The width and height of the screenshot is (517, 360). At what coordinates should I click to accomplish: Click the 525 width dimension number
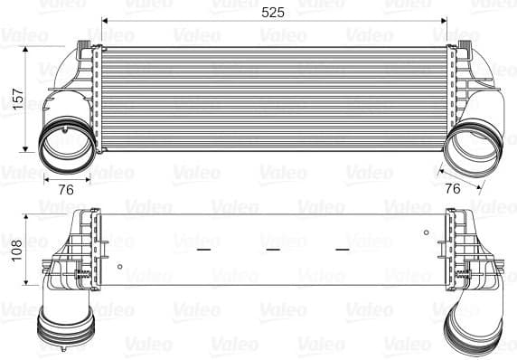click(270, 12)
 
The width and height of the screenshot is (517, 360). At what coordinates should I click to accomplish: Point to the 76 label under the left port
click(66, 189)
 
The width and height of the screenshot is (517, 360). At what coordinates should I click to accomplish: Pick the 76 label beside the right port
click(453, 188)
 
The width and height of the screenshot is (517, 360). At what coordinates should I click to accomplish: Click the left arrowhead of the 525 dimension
click(105, 20)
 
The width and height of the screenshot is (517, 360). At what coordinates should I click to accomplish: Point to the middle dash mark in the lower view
click(272, 246)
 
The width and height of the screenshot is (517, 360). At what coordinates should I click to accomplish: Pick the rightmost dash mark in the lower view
click(342, 246)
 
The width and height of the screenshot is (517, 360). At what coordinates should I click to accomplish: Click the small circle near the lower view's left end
click(119, 266)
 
